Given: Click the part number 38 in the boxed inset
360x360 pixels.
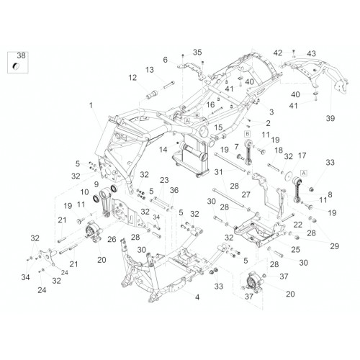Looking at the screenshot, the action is coord(21,55).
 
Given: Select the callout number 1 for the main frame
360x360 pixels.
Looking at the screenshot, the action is coord(91,105).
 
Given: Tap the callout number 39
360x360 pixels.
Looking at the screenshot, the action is coord(330,118).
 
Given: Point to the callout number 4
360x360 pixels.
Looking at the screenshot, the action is coord(197,297).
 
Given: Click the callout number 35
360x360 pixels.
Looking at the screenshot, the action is coord(197,53).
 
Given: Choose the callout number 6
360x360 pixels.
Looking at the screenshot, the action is coord(165,60).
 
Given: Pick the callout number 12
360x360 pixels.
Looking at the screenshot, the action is coord(132,78).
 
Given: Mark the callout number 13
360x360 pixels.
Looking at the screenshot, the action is coord(150,70).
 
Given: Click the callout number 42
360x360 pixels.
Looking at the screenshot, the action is coord(278,53).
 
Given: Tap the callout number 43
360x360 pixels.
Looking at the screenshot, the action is coord(312,53).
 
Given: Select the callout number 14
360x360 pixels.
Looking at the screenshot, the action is coord(163,150).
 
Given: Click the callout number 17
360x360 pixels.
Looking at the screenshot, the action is coord(302,156).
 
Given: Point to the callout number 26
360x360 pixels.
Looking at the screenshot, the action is coord(112,239).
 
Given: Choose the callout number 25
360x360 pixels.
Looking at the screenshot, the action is coord(296,250).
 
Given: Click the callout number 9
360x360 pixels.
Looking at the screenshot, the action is coord(96,184).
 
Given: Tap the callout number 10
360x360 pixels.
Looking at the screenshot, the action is coord(84,192).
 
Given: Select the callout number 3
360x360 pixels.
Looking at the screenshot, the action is coord(271,112).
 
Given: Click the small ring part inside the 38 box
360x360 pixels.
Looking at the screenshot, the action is coord(16,66).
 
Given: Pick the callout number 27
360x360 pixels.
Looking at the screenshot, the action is coord(246,194).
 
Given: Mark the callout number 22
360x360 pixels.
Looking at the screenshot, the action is coord(298,225).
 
